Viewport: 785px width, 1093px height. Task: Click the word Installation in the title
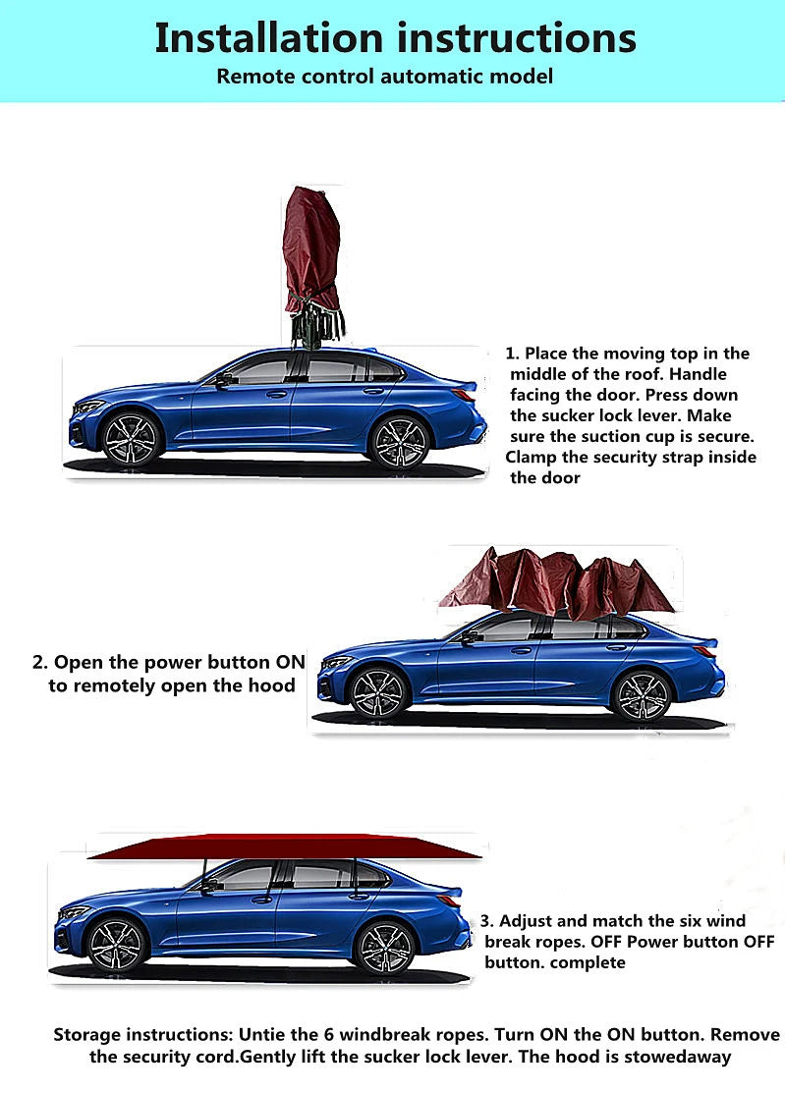tap(268, 37)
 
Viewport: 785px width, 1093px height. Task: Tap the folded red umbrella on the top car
tap(312, 267)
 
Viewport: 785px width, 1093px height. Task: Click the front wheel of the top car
tap(131, 439)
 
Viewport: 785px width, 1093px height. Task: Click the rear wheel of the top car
tap(399, 443)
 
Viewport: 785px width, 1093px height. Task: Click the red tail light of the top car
tap(464, 394)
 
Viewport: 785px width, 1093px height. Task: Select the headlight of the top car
tap(89, 406)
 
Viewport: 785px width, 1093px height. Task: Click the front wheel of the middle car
tap(377, 693)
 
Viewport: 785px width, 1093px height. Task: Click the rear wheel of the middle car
tap(642, 695)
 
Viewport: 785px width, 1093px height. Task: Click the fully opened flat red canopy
tap(285, 846)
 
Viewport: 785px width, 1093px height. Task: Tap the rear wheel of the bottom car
tap(384, 948)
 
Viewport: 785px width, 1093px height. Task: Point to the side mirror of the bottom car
tap(208, 886)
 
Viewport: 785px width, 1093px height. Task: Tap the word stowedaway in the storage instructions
tap(678, 1056)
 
